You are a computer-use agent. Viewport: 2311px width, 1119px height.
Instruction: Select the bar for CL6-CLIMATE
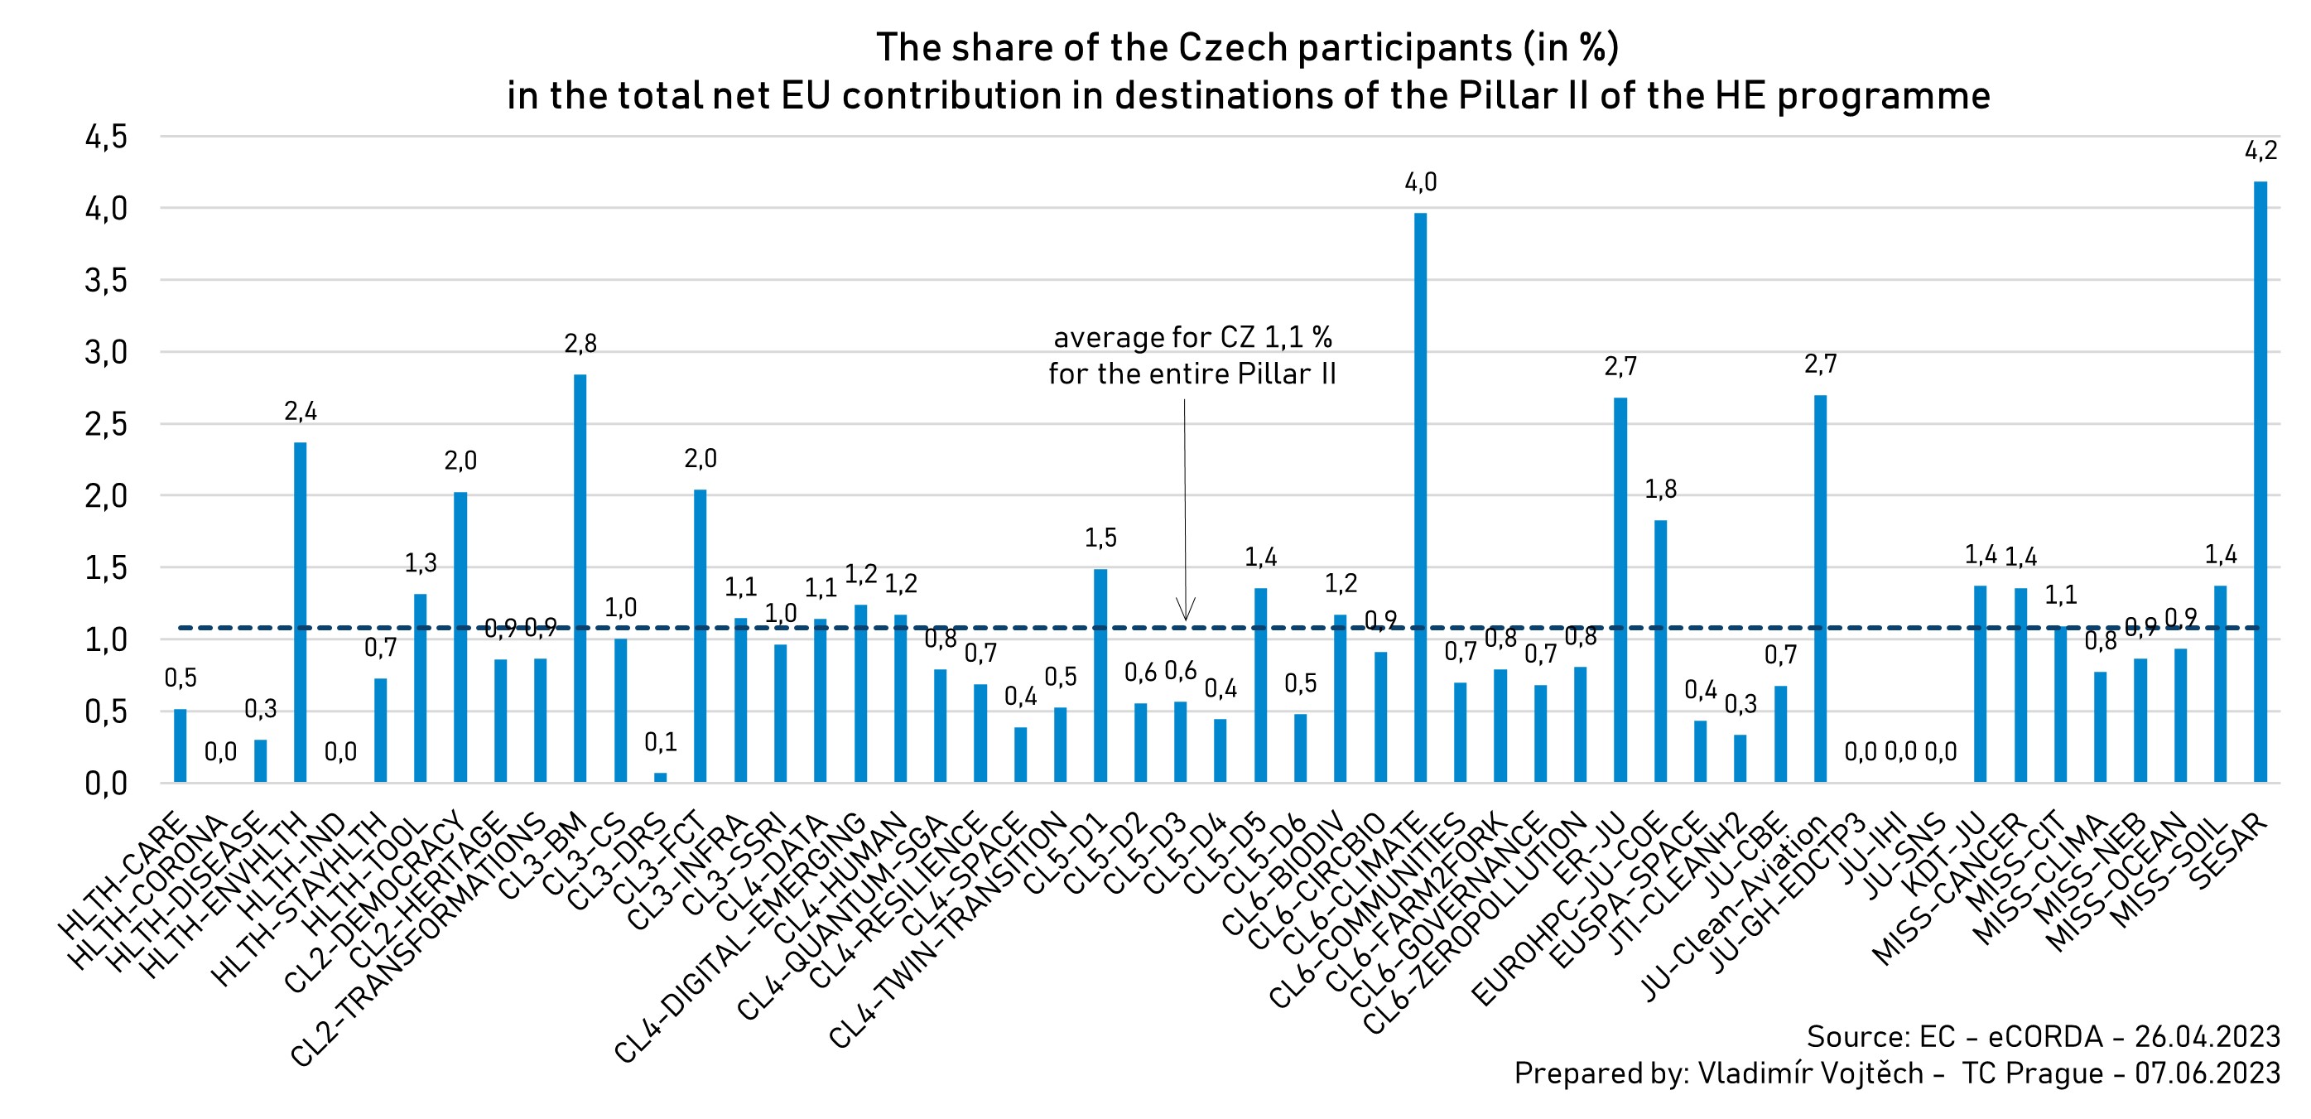pos(1420,497)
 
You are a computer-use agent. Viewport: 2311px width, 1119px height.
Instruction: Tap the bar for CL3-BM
pos(580,578)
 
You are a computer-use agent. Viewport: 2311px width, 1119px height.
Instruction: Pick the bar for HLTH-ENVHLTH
pos(301,612)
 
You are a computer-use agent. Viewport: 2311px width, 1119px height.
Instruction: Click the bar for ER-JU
pos(1620,590)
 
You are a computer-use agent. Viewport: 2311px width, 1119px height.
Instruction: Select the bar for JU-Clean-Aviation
pos(1820,589)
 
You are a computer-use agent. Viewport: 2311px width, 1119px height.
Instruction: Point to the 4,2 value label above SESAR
pos(2260,151)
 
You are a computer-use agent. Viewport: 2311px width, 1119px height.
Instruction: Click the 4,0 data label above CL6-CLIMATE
pos(1420,183)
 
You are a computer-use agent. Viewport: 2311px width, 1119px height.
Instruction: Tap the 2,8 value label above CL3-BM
pos(580,344)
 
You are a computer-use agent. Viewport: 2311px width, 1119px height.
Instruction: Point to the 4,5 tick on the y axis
pos(107,137)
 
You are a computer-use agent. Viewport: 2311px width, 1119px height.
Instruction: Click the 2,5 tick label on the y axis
pos(107,424)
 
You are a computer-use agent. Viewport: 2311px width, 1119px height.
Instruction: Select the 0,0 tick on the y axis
pos(107,784)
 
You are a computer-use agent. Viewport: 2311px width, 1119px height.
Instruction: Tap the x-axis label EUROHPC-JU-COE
pos(1570,906)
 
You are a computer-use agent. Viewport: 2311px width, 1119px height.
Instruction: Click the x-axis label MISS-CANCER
pos(1952,889)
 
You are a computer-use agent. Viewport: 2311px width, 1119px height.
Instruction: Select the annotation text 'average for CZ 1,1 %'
pos(1192,337)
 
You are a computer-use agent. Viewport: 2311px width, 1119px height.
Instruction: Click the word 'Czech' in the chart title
pos(1233,47)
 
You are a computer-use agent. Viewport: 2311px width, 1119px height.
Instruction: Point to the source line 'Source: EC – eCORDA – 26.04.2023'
pos(2043,1036)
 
